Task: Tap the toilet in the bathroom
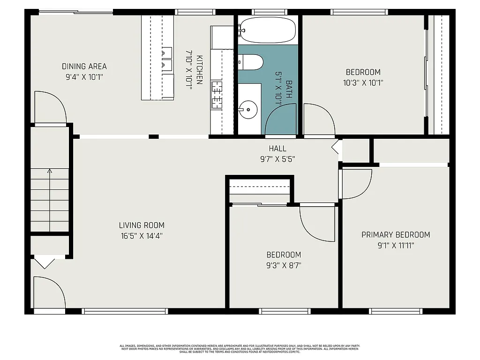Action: tap(251, 62)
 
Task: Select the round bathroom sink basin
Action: tap(248, 111)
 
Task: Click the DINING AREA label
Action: tap(84, 67)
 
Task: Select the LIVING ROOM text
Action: tap(142, 225)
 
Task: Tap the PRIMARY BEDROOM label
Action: tap(396, 235)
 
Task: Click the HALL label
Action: tap(277, 149)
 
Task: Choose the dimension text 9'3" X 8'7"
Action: tap(284, 265)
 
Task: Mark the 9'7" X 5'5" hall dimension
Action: tap(277, 159)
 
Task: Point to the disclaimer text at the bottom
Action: tap(240, 349)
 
